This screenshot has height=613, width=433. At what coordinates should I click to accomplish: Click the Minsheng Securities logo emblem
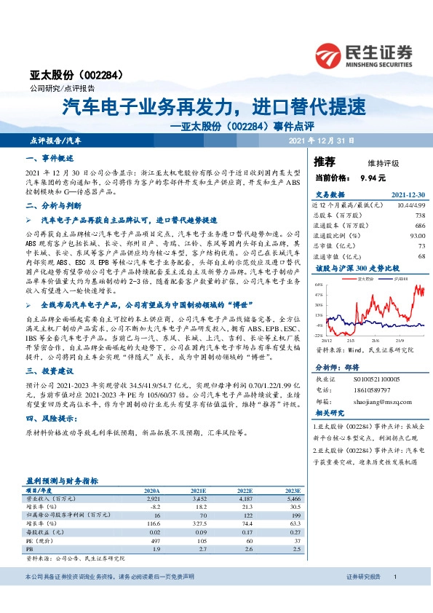329,55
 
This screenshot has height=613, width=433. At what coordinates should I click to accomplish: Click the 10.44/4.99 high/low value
409,205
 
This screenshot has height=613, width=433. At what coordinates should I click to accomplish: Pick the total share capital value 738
419,215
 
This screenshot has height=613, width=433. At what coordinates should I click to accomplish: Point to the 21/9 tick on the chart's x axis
400,340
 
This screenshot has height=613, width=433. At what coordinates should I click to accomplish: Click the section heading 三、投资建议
49,370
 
